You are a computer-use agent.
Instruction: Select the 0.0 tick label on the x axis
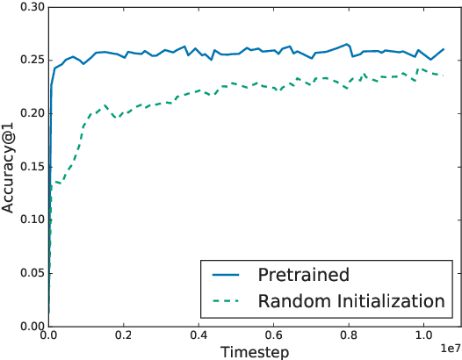pos(49,335)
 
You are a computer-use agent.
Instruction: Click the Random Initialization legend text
pos(351,301)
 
